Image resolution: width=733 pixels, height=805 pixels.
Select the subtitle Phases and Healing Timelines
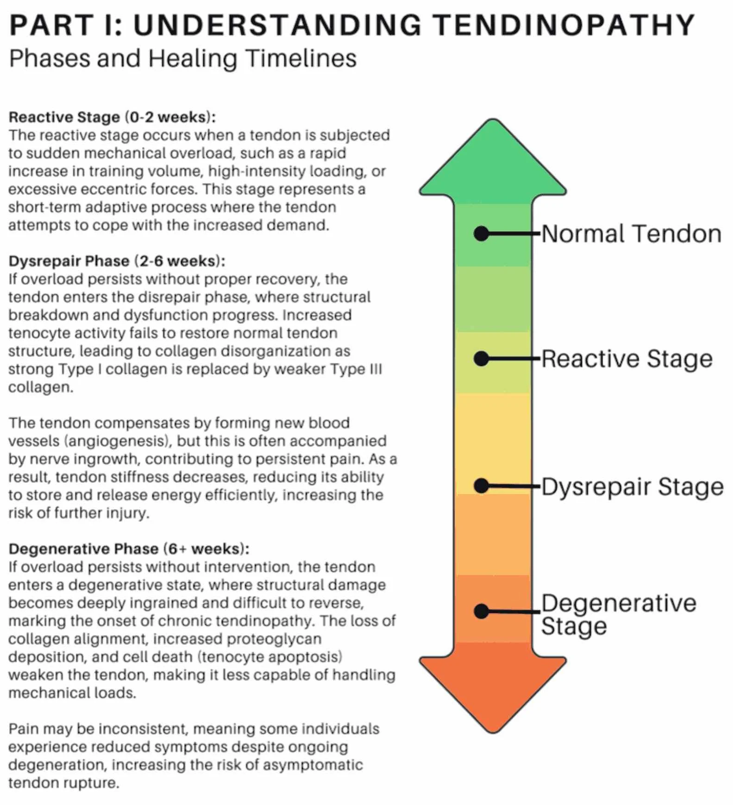182,59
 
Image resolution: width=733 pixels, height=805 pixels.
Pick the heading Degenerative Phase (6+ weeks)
129,549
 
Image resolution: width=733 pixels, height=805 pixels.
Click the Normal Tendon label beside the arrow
631,234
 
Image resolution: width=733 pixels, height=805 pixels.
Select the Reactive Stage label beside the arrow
626,359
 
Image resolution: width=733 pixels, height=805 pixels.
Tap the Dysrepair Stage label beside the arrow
632,486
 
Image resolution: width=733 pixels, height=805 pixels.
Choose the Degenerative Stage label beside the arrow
618,614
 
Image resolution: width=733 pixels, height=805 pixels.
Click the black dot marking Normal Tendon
482,234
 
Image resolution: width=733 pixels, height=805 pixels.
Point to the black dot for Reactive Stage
482,359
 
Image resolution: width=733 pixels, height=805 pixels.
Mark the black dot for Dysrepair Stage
482,486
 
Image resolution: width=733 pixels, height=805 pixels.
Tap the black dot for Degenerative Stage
482,611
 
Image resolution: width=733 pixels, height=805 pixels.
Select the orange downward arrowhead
493,685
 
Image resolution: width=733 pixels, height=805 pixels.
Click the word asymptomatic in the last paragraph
313,765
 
